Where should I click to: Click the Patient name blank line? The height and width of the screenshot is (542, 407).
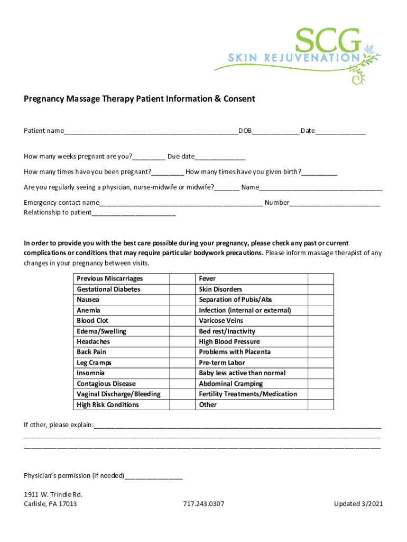[151, 131]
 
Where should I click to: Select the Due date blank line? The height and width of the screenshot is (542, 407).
[220, 157]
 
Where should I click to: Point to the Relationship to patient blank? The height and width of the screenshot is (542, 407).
[133, 213]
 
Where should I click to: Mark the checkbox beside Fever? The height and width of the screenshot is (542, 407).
[320, 279]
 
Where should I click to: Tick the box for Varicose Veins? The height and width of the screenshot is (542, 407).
[320, 321]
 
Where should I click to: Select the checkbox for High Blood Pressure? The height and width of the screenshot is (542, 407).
[320, 342]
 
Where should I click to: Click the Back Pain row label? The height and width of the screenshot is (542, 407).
[91, 352]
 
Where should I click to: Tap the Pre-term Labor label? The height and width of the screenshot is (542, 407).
[222, 363]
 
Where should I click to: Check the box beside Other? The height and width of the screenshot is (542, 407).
[320, 405]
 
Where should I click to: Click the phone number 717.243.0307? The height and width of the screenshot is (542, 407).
[203, 504]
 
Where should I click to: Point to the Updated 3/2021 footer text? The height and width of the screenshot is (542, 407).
[358, 504]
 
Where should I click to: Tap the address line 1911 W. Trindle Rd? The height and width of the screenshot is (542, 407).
[53, 494]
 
